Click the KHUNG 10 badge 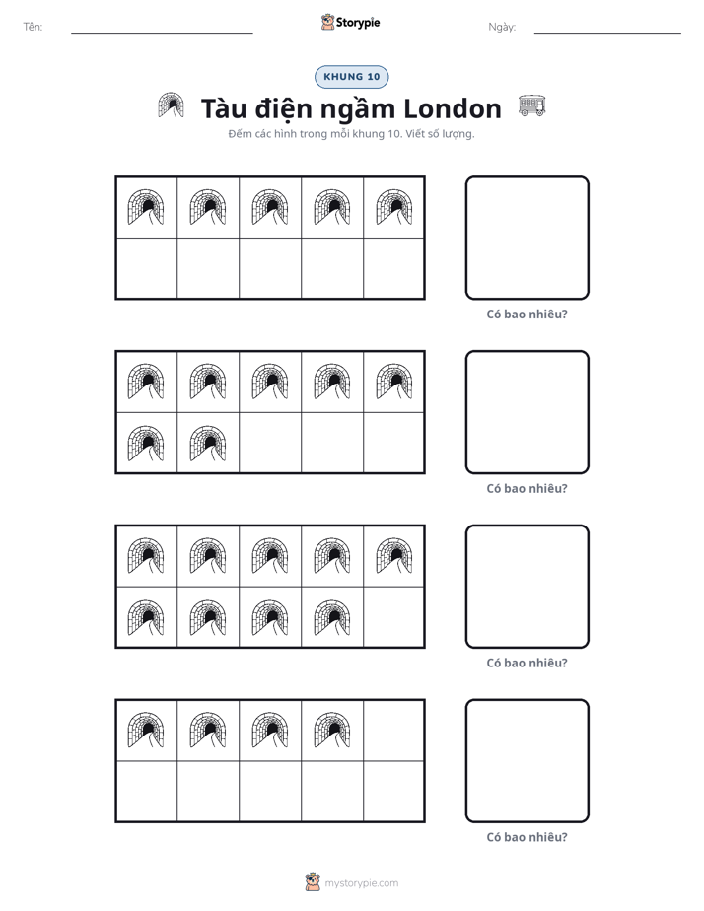pos(351,77)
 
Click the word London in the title pos(452,108)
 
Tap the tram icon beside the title pos(531,105)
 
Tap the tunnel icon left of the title pos(171,105)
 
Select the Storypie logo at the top pos(350,22)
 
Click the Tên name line pos(162,34)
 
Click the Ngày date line pos(607,34)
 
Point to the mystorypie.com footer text pos(361,883)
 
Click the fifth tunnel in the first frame pos(394,207)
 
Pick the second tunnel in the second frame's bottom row pos(208,444)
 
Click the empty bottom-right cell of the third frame pos(393,617)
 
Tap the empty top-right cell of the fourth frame pos(393,731)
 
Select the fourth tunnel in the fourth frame pos(332,730)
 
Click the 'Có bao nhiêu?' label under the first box pos(527,315)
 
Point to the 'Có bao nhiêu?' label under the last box pos(527,837)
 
